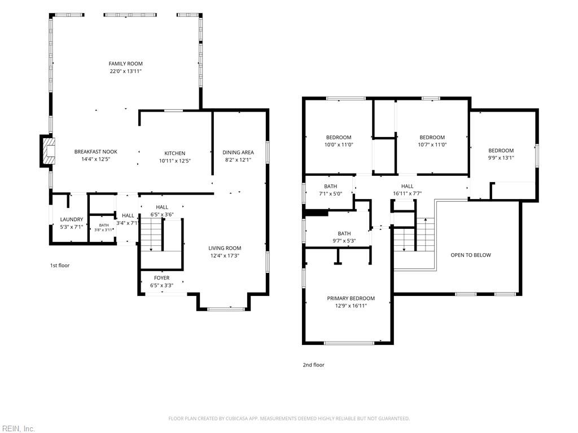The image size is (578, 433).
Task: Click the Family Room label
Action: pos(125,64)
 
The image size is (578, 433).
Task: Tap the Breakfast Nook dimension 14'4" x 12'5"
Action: pos(96,159)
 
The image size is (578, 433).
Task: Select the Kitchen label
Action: pos(175,153)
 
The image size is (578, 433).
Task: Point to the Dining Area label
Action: pos(238,152)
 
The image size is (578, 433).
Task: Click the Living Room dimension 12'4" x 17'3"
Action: pos(225,255)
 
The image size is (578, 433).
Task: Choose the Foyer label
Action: pos(162,277)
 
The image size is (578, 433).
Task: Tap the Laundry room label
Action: pos(72,219)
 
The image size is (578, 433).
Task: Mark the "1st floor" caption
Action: pos(60,266)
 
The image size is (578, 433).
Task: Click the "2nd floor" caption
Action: pos(314,365)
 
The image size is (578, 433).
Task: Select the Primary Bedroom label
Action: pos(351,298)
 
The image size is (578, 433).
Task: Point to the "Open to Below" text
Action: pos(471,255)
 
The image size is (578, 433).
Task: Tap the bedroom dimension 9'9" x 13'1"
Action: pos(501,158)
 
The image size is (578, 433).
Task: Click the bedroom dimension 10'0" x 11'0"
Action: pos(339,145)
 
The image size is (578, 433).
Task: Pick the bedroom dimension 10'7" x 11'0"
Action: pos(432,145)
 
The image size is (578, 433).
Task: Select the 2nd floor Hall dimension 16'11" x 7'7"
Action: pos(408,193)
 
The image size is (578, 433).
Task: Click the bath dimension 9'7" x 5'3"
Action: pos(344,241)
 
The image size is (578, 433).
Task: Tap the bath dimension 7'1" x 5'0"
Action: pos(331,193)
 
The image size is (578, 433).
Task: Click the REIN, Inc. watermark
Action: pos(17,428)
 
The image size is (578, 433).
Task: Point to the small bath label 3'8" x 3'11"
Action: pos(104,230)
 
